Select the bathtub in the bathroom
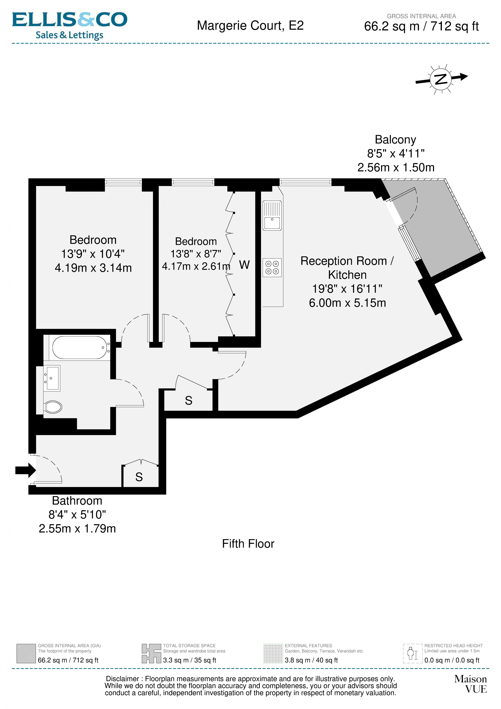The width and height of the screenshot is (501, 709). click(80, 347)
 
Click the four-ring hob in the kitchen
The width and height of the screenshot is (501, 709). click(272, 267)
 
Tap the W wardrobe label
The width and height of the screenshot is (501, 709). click(244, 265)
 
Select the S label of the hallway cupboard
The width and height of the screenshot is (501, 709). click(188, 400)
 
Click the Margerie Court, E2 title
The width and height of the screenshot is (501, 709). click(250, 26)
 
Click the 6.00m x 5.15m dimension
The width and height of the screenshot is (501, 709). click(347, 303)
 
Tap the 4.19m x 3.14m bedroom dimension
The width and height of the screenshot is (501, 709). click(93, 268)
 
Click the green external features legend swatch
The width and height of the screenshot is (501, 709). click(273, 653)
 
